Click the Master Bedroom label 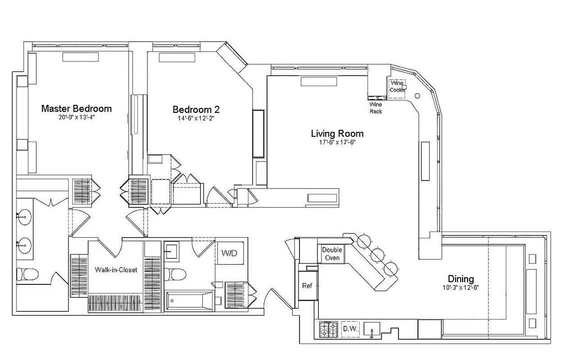76,108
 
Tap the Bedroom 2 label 196,109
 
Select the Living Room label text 337,134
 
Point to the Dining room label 460,279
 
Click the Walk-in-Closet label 116,270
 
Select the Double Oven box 332,254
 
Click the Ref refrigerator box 307,286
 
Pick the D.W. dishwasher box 350,329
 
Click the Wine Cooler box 397,86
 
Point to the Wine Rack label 376,108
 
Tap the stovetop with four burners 328,329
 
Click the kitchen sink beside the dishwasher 372,330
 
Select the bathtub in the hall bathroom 189,301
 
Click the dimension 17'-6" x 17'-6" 337,143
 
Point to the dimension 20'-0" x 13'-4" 76,117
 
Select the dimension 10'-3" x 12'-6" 460,288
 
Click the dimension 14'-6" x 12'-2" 196,118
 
